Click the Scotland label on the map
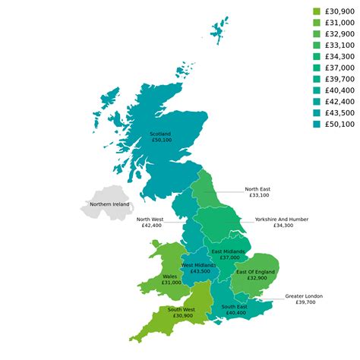[x=161, y=134]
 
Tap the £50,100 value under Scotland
[x=161, y=141]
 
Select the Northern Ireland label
[x=109, y=204]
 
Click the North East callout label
[x=257, y=189]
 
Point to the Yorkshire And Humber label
[x=282, y=219]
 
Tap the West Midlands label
[x=200, y=265]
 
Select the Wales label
[x=171, y=276]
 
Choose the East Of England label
[x=255, y=271]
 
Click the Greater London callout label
[x=304, y=295]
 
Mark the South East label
[x=235, y=306]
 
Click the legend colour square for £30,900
[x=317, y=11]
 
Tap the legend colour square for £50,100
[x=317, y=124]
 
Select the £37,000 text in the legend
[x=339, y=68]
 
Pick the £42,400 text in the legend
[x=339, y=101]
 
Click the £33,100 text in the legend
[x=339, y=45]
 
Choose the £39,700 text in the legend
[x=339, y=79]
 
